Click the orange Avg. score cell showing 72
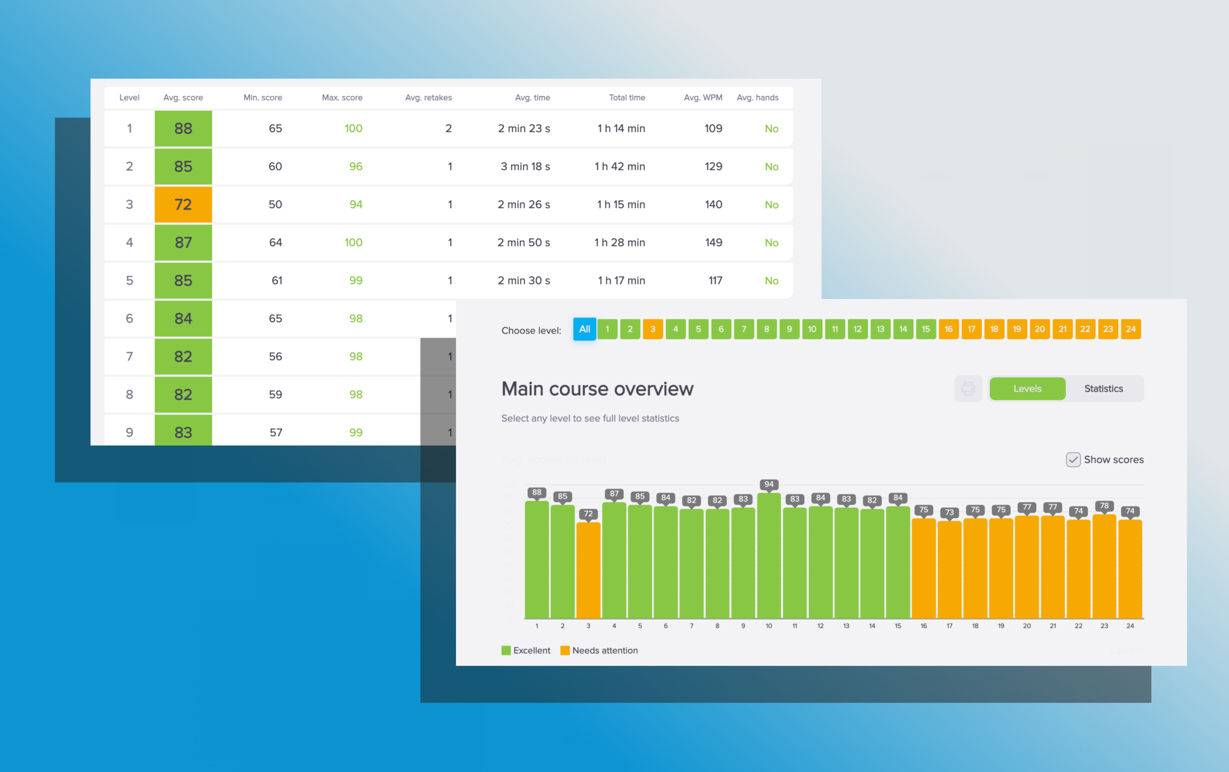tap(183, 205)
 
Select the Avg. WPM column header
tap(703, 97)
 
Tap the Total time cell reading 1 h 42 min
tap(620, 166)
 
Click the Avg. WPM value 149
tap(713, 242)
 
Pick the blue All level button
tap(584, 329)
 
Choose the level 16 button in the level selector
tap(948, 329)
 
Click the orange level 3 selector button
tap(653, 329)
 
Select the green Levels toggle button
tap(1027, 389)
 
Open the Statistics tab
tap(1103, 389)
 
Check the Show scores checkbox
tap(1073, 460)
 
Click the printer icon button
tap(968, 389)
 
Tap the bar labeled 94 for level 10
tap(769, 556)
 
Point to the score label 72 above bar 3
tap(588, 514)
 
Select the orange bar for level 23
tap(1104, 567)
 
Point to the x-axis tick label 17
tap(949, 626)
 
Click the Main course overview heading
tap(597, 389)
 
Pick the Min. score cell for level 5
tap(277, 281)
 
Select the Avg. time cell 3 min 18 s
tap(525, 166)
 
